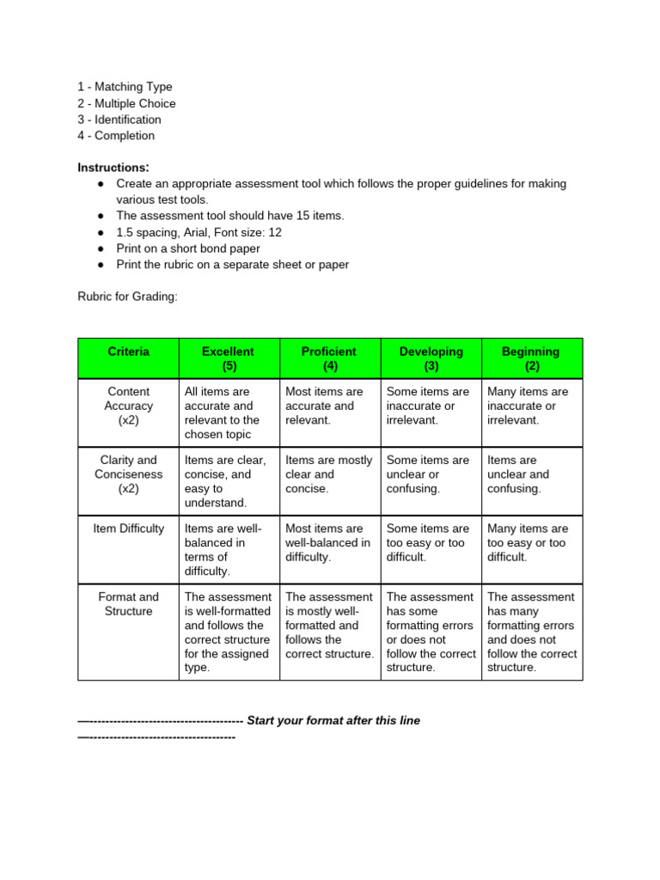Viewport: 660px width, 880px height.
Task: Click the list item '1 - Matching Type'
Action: click(x=125, y=87)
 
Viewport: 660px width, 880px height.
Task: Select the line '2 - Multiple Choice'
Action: click(x=126, y=103)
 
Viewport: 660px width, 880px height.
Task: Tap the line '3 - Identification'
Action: click(x=119, y=119)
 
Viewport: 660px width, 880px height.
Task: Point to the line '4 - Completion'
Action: click(x=116, y=136)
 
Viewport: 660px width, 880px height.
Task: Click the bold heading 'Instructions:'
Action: click(x=113, y=168)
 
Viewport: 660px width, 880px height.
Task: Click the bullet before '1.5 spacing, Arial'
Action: click(x=101, y=233)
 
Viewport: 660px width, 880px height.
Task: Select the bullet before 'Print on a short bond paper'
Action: click(x=101, y=249)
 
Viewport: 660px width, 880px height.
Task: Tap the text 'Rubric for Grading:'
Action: click(x=127, y=296)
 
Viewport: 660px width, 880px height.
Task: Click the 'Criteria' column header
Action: click(x=129, y=351)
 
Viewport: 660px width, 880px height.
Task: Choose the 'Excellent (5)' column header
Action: click(x=228, y=358)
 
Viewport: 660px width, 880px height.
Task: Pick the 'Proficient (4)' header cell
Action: click(x=329, y=358)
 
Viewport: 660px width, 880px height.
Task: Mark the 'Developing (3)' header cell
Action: click(x=431, y=358)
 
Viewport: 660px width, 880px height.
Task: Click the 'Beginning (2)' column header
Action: click(x=531, y=358)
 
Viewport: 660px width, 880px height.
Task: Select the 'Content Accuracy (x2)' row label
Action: click(x=129, y=406)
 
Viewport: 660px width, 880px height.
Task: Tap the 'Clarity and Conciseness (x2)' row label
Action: click(x=129, y=474)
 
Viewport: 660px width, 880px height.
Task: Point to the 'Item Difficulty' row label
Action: click(x=129, y=529)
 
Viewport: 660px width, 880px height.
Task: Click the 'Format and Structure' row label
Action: click(x=129, y=604)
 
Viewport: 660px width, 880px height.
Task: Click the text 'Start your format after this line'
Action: click(x=333, y=721)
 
